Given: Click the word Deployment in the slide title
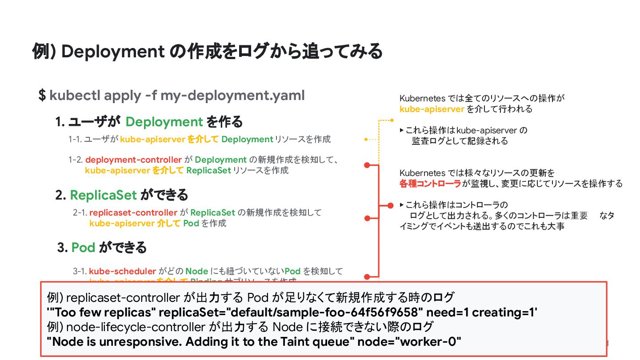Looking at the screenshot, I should point(113,52).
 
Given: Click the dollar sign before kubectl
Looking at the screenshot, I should point(42,95).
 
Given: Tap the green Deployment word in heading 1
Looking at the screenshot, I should point(164,121).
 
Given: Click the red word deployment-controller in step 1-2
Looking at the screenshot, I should point(133,160).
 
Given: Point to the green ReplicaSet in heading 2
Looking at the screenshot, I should point(103,195).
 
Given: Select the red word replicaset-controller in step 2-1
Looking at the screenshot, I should point(133,212).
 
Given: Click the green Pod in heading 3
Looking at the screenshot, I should point(83,247).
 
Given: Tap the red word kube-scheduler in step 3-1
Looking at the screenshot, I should point(122,271).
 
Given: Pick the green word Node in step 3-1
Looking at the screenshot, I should point(196,271).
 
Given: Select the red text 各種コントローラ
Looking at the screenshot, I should point(430,184).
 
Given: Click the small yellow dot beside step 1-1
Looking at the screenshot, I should point(365,140).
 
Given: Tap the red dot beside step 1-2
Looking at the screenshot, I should point(367,165).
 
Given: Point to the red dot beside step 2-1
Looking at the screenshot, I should point(367,218).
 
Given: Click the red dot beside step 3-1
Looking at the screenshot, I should point(367,276).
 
